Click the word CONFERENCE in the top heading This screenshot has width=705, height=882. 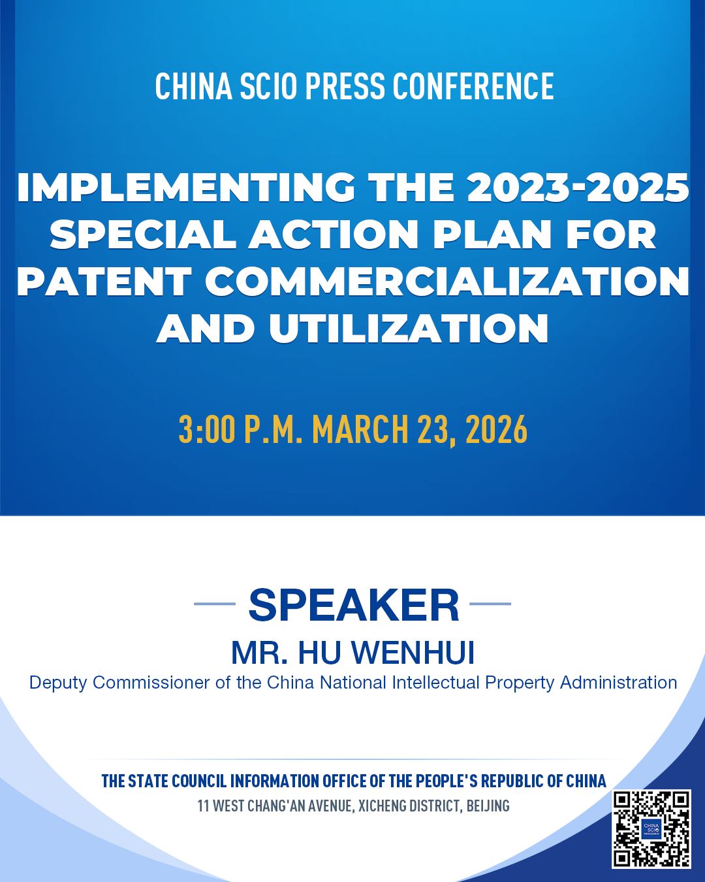[x=473, y=86]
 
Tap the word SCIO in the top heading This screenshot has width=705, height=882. [x=268, y=86]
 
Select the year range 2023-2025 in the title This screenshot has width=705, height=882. [x=578, y=188]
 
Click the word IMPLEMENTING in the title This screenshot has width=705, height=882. [x=185, y=188]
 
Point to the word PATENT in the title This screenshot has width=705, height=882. [x=104, y=281]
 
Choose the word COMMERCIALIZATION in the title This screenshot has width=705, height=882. [x=447, y=281]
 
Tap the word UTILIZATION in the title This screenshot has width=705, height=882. [x=409, y=328]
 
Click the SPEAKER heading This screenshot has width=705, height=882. [x=354, y=606]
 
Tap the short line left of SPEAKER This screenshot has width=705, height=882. [x=215, y=604]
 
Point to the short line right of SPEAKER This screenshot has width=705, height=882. [x=490, y=604]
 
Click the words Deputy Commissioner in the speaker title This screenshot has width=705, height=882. [x=119, y=683]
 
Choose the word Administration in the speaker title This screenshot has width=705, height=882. [x=619, y=683]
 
